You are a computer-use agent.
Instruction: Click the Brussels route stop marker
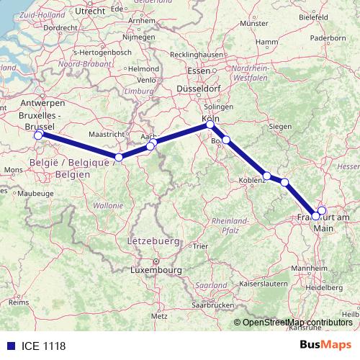coord(38,135)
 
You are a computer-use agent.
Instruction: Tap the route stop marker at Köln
coord(210,125)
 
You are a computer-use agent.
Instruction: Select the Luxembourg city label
coord(155,270)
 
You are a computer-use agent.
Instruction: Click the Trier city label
coord(199,246)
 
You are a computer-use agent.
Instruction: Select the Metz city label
coord(159,315)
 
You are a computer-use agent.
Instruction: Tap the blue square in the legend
coord(10,346)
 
